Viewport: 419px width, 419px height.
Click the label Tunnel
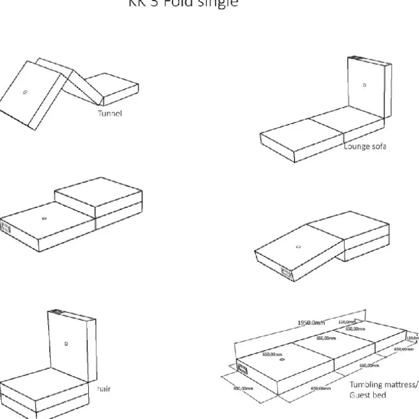pos(109,114)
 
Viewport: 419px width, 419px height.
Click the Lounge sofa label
pos(365,146)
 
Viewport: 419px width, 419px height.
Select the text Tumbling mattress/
pos(384,384)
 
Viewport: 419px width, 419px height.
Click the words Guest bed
pos(367,395)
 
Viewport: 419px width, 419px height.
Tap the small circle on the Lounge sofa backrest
pos(364,85)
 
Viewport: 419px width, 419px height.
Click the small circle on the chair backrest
pos(65,343)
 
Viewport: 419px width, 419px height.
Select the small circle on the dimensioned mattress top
pos(282,360)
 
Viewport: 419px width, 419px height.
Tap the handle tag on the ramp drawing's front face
pos(286,270)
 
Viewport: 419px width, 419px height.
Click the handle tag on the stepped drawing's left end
pos(6,229)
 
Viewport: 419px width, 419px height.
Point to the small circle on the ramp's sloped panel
pos(298,247)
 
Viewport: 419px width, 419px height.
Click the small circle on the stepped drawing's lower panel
pos(44,218)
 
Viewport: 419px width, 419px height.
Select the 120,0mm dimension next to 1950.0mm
pos(347,322)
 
